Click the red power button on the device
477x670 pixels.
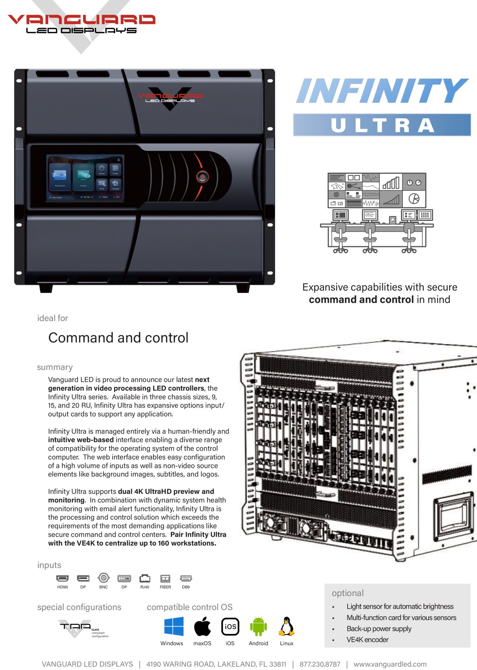pos(202,177)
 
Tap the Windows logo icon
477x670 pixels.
pos(174,626)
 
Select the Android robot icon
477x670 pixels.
pos(258,626)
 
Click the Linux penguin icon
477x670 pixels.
pos(287,626)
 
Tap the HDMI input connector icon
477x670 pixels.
pos(62,579)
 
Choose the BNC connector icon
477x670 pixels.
pos(104,578)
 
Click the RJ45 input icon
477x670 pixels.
pos(145,579)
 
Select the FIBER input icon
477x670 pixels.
pos(165,579)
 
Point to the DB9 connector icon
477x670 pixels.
pos(186,578)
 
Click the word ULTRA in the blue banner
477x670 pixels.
pos(382,125)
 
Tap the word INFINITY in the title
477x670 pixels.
pos(382,91)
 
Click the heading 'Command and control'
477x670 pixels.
pos(118,338)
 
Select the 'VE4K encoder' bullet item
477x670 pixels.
pos(367,640)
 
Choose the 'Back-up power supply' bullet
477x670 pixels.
pos(379,628)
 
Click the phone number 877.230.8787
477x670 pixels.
pos(320,664)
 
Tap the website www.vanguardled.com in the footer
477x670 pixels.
pos(390,664)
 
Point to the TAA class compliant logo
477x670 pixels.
pos(83,628)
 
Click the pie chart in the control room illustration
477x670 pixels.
pos(414,199)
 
